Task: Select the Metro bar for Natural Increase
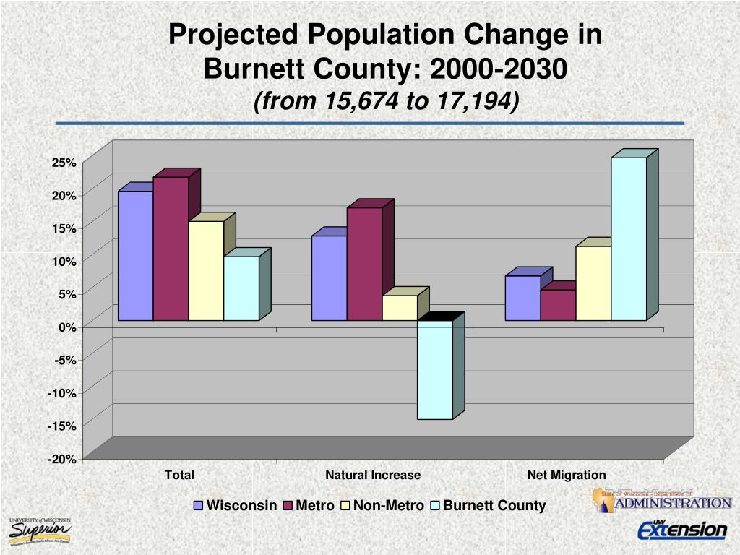tap(364, 264)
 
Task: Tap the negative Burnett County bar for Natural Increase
tap(435, 369)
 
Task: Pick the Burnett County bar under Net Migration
tap(629, 238)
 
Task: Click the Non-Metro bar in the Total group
tap(206, 270)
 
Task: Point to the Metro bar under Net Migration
tap(558, 305)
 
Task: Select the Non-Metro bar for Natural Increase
tap(400, 308)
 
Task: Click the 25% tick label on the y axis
tap(64, 163)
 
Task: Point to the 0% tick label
tap(66, 327)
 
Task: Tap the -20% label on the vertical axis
tap(62, 459)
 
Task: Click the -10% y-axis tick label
tap(62, 393)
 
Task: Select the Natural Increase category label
tap(372, 475)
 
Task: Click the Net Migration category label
tap(567, 475)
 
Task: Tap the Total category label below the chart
tap(179, 475)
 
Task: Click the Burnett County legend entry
tap(494, 506)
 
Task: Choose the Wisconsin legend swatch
tap(199, 506)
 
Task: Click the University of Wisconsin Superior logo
tap(40, 531)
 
